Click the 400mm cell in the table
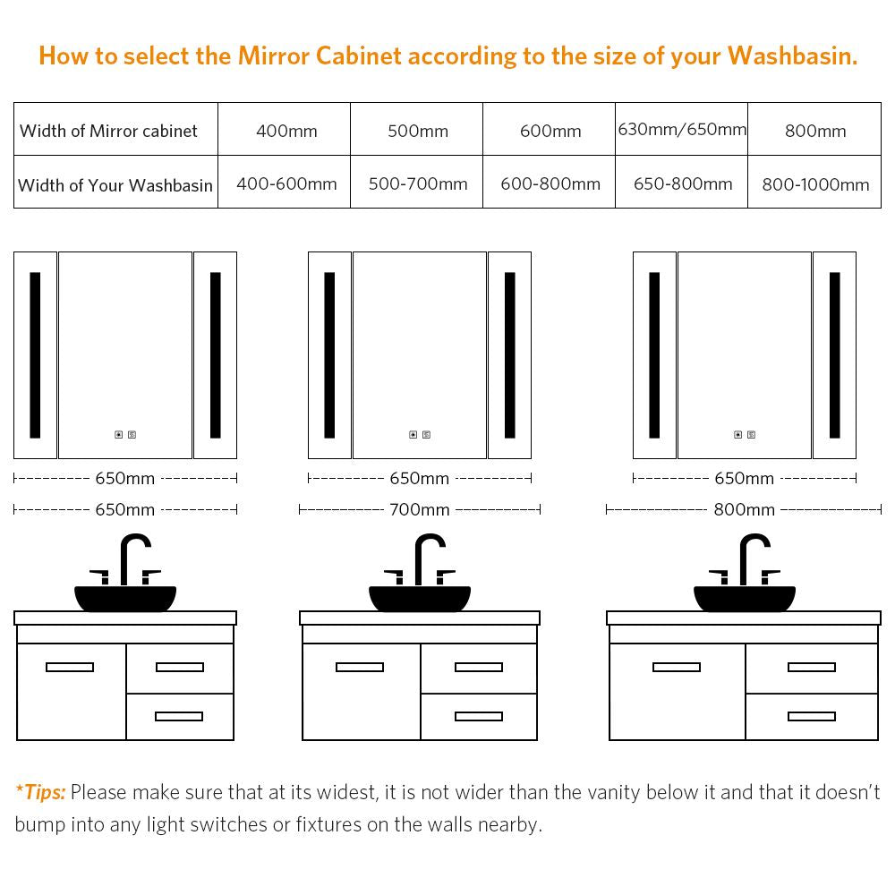(x=286, y=131)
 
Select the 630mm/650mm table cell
(x=682, y=130)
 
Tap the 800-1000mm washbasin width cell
(x=815, y=184)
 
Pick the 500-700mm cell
(x=418, y=183)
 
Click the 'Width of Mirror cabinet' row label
(x=108, y=131)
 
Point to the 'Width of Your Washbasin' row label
(x=115, y=185)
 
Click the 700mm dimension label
(x=420, y=509)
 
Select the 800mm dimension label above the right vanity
(x=745, y=509)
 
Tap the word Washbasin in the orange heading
(x=792, y=55)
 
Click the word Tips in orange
(x=45, y=792)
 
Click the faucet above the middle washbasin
(x=420, y=559)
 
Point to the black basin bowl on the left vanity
(x=125, y=598)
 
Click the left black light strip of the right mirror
(x=655, y=355)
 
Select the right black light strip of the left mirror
(x=215, y=355)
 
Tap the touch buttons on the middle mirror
(x=420, y=435)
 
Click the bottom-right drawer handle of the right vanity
(x=811, y=716)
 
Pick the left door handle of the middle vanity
(x=360, y=667)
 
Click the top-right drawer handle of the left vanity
(x=180, y=667)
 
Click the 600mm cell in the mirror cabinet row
(x=550, y=131)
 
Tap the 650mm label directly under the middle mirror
(x=420, y=478)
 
